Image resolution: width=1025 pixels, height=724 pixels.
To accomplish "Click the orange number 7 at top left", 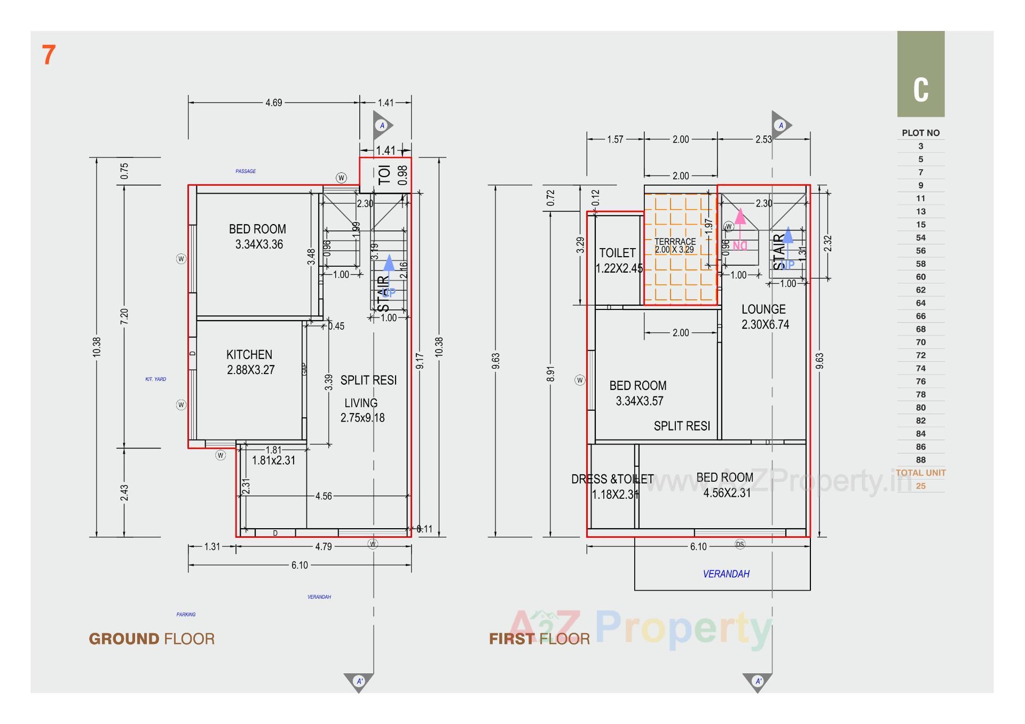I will tap(49, 55).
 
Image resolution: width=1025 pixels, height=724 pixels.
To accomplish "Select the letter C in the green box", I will tap(920, 90).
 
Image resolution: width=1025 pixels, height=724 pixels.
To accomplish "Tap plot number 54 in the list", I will tap(920, 238).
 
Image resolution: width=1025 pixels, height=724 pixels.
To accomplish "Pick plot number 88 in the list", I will tap(920, 460).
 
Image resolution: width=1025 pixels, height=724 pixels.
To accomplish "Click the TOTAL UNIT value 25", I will tap(920, 486).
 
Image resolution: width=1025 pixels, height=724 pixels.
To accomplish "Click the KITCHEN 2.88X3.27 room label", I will tap(250, 362).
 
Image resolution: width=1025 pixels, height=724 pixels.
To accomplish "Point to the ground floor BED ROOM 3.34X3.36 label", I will tap(258, 236).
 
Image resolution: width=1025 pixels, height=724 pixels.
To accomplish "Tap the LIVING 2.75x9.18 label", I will tap(362, 410).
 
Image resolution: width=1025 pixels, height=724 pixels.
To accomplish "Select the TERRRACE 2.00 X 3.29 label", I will tap(675, 245).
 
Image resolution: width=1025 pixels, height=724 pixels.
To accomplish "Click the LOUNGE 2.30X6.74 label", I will tap(764, 316).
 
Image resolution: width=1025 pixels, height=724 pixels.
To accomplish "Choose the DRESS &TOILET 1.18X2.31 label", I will tap(613, 487).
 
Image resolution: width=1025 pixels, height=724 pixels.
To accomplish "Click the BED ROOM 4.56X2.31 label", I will tap(726, 485).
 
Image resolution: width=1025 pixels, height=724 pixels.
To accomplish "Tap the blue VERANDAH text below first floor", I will tap(726, 574).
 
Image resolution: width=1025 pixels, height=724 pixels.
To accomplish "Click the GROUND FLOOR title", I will tap(152, 639).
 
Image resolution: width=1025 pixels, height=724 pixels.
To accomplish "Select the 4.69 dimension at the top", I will tap(273, 102).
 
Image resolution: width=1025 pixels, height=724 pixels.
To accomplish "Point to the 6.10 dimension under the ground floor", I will tap(299, 565).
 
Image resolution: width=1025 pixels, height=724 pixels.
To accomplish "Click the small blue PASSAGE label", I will tap(246, 171).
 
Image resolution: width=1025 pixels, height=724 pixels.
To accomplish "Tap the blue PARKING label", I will tap(186, 615).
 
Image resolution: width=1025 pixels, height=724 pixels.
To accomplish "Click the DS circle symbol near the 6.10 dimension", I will tap(740, 544).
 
